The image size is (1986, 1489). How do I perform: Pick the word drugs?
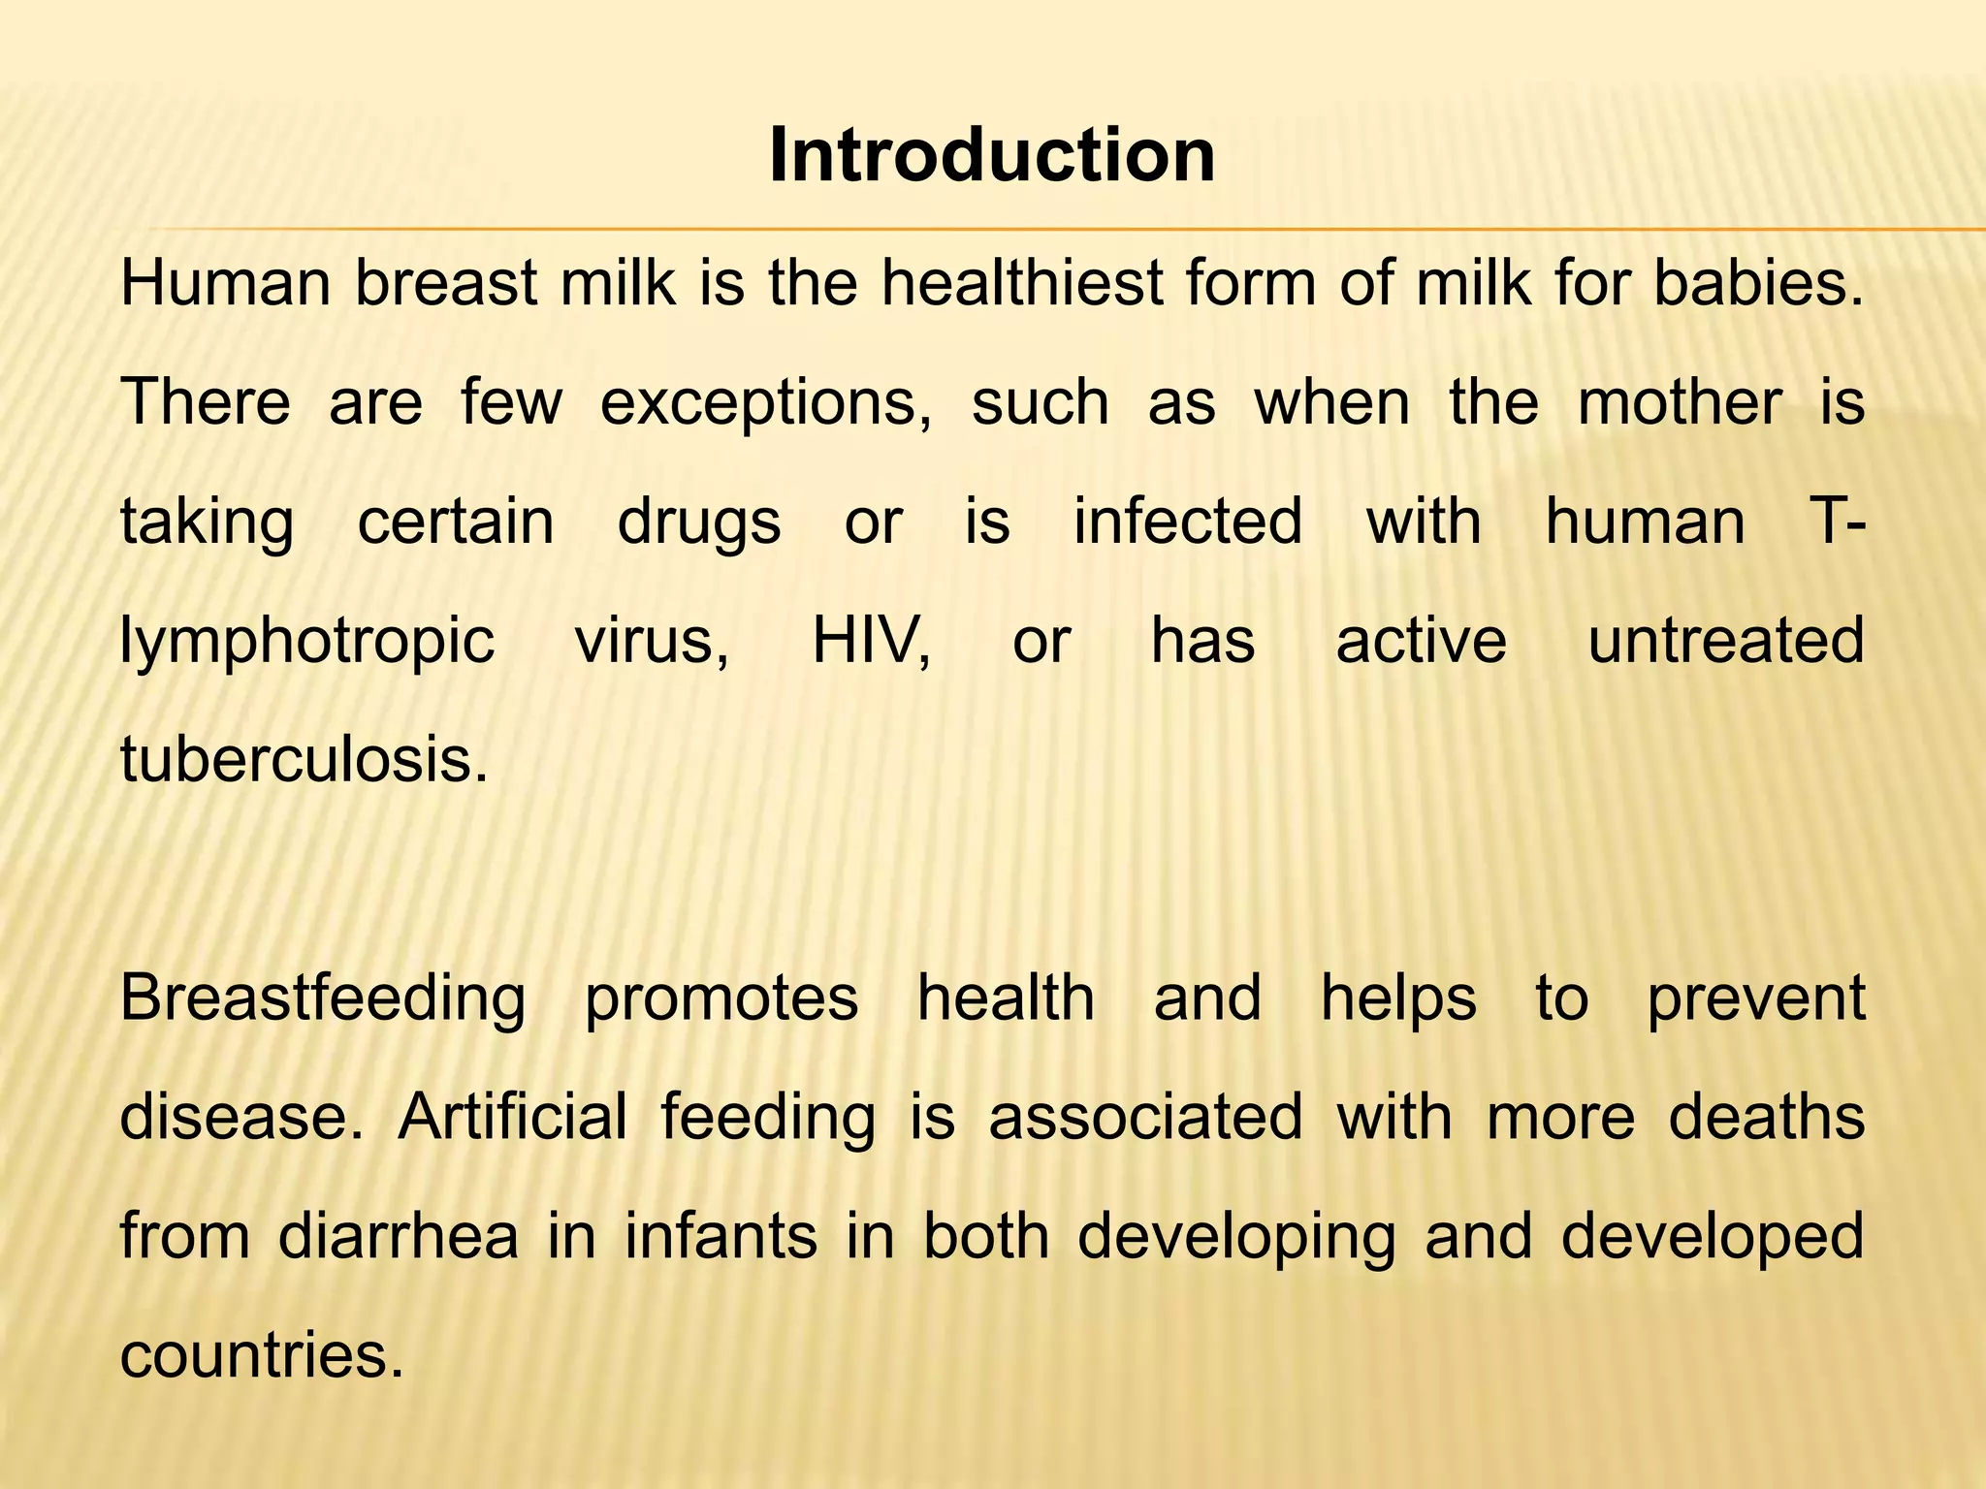[699, 523]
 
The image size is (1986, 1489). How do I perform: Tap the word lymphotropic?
[307, 643]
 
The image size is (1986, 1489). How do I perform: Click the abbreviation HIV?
[871, 641]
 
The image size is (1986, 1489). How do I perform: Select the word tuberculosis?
[304, 759]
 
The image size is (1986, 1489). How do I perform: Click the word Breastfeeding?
[323, 999]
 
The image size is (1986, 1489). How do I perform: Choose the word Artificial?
[512, 1117]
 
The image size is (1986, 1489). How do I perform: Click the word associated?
[1145, 1117]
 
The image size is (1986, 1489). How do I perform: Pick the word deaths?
[1766, 1117]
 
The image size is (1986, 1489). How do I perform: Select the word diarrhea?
[399, 1236]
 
